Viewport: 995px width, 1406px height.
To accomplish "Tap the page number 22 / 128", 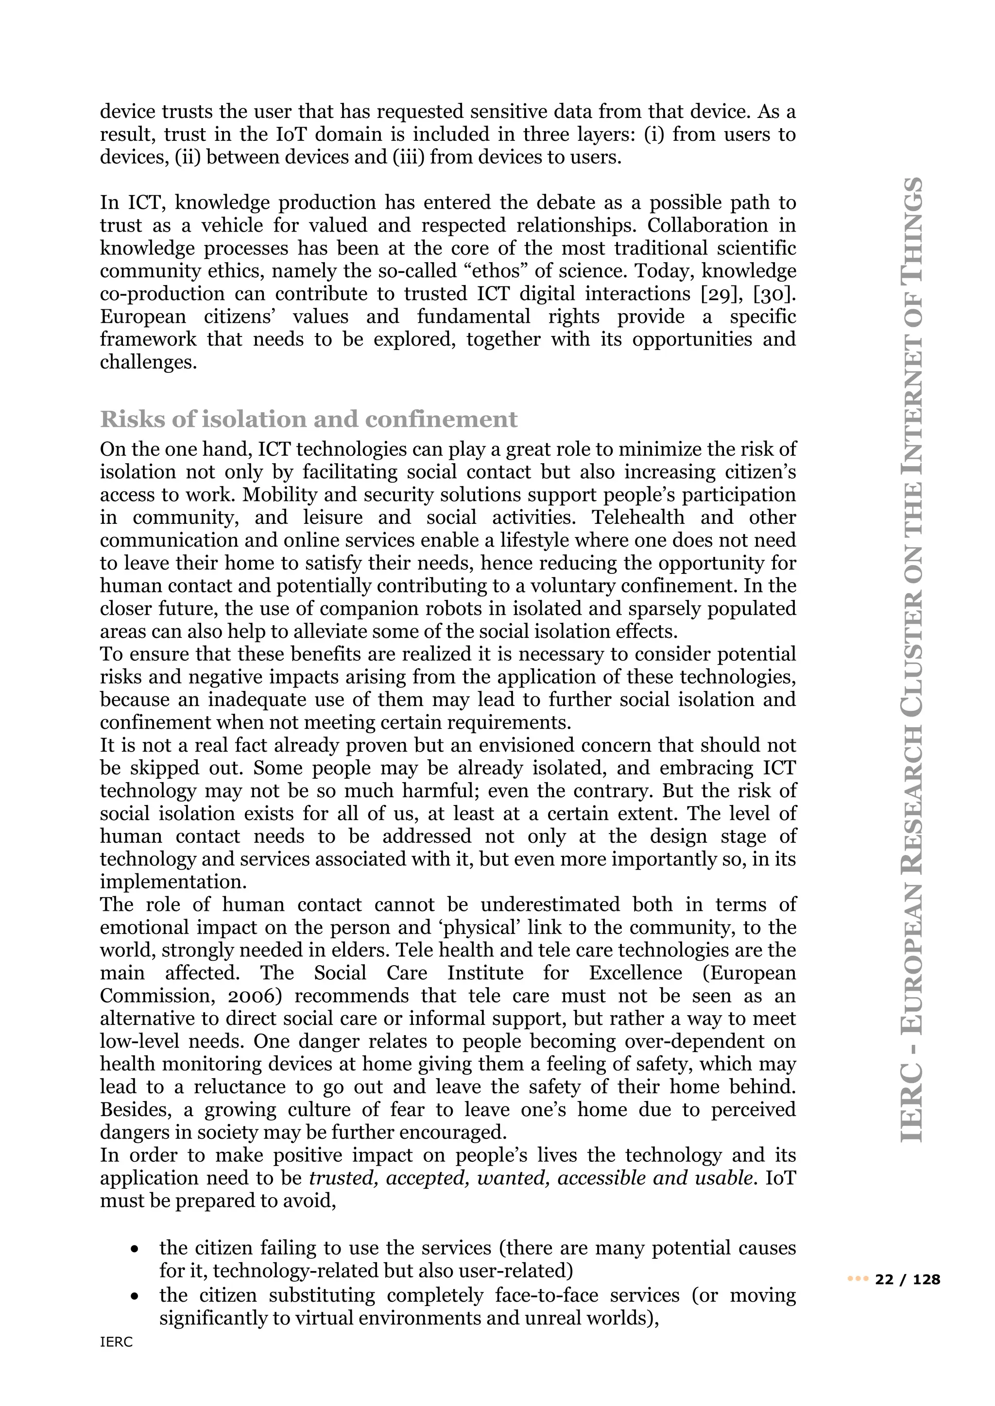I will tap(908, 1280).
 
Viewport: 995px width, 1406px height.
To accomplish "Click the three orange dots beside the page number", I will tap(858, 1280).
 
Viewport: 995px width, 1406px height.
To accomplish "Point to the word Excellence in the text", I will tap(635, 973).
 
